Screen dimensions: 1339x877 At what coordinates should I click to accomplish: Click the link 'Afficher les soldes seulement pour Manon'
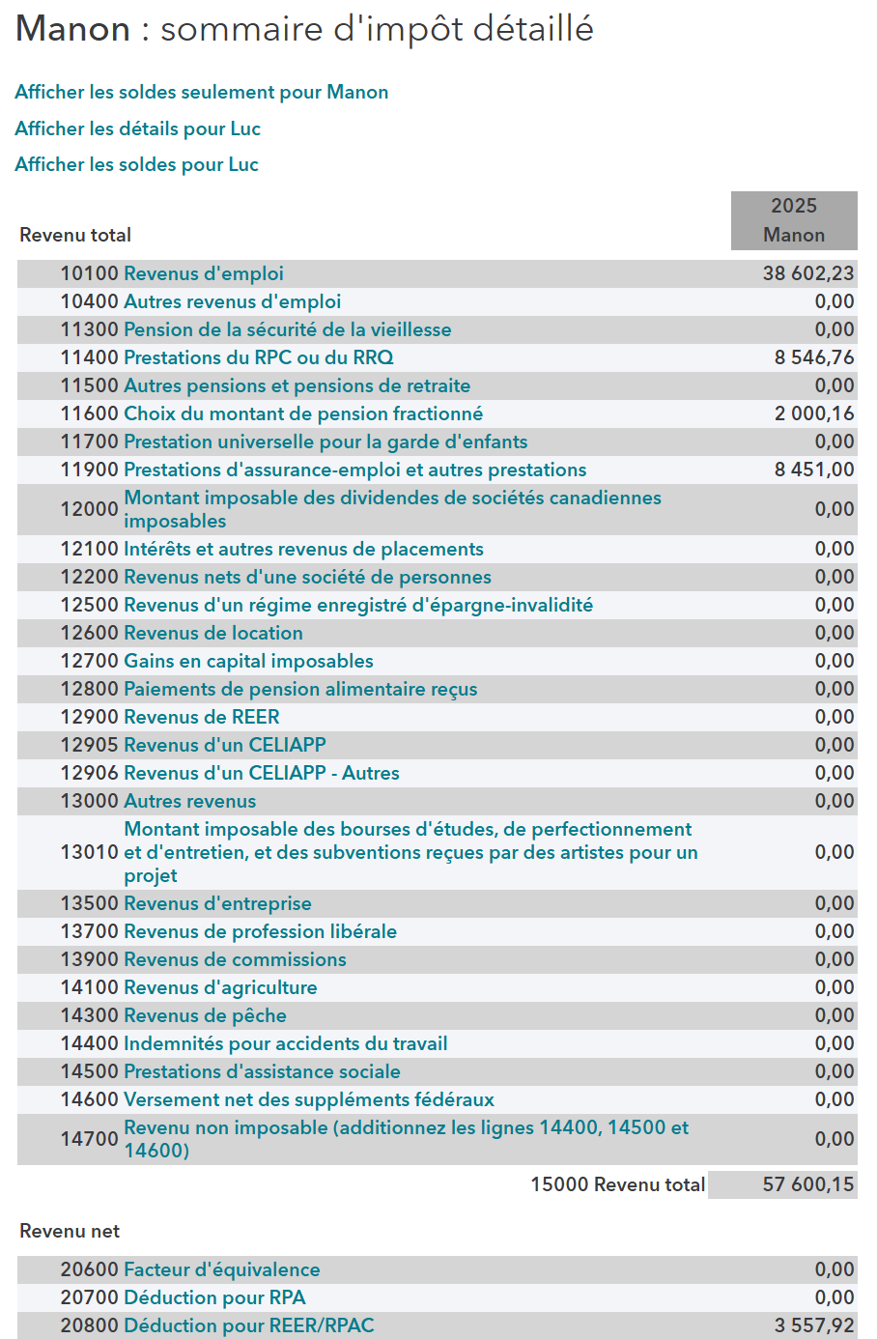coord(201,93)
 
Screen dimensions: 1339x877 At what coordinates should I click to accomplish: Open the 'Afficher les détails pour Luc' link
coord(137,129)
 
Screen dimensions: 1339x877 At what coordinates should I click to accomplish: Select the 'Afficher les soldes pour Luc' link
coord(136,165)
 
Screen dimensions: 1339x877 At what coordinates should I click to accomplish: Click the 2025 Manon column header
coord(793,220)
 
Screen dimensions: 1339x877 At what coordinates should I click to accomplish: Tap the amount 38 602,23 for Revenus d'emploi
coord(807,274)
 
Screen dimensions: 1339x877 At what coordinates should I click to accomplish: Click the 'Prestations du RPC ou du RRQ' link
coord(258,358)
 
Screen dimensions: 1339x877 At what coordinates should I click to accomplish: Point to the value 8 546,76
coord(813,358)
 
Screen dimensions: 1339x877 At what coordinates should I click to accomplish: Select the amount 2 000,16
coord(813,414)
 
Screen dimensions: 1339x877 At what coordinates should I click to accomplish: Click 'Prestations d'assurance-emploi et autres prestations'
coord(354,470)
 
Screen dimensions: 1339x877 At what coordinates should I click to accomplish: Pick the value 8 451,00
coord(813,470)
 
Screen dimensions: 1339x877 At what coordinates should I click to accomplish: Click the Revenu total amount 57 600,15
coord(807,1185)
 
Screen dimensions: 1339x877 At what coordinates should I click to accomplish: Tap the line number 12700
coord(89,662)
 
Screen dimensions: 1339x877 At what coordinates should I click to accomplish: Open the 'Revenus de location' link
coord(212,634)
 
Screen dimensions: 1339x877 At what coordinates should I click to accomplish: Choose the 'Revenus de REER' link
coord(201,718)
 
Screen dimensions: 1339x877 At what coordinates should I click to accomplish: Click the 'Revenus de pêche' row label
coord(205,1016)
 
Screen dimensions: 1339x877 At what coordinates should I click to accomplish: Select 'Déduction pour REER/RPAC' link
coord(248,1326)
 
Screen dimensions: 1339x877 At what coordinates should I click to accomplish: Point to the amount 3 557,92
coord(813,1326)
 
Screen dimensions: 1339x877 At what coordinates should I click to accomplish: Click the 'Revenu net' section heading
coord(70,1232)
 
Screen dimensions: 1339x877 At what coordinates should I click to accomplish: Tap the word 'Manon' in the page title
coord(73,30)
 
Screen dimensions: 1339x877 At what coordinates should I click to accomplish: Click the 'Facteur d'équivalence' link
coord(221,1270)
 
